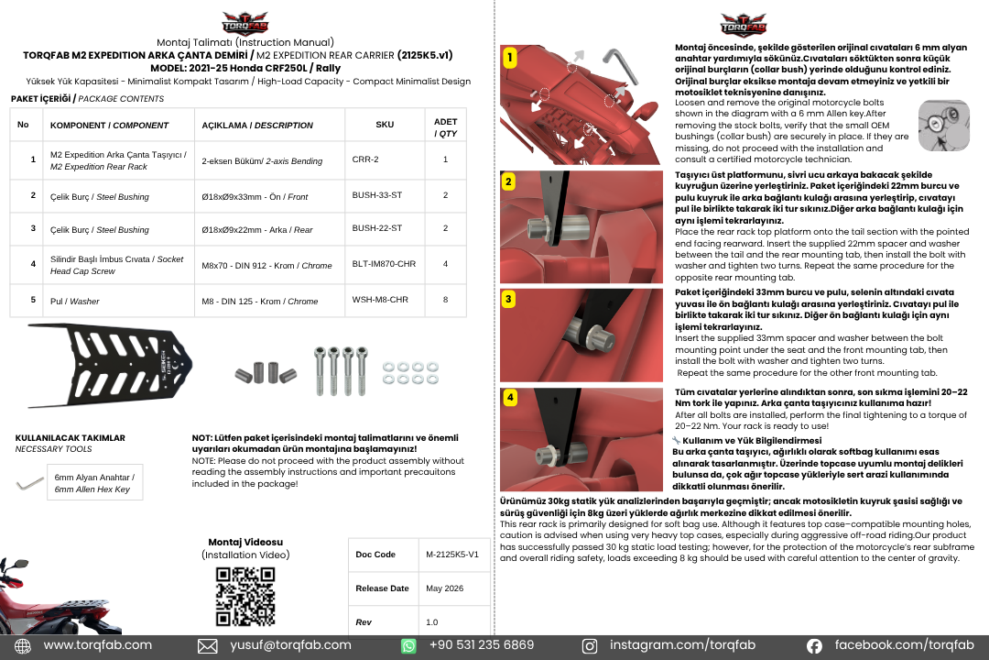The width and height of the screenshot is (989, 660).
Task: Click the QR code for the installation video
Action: (x=245, y=596)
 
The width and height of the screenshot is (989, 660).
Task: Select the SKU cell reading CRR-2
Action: (x=365, y=159)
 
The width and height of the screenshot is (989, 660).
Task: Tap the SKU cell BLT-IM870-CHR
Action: (x=384, y=264)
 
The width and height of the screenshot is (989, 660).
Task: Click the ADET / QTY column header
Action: (x=445, y=127)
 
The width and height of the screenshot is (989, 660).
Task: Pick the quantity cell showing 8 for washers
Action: (x=445, y=300)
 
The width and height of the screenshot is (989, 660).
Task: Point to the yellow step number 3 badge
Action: (x=508, y=299)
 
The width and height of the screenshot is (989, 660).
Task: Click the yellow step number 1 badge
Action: (x=510, y=58)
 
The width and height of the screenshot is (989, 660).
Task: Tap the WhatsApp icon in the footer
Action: (x=408, y=646)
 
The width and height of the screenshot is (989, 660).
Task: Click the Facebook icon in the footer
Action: (x=814, y=646)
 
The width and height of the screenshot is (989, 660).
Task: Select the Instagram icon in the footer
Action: (x=589, y=646)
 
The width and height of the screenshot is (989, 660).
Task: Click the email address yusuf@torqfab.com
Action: (x=290, y=644)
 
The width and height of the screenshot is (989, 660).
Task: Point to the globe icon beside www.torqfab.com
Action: (x=23, y=646)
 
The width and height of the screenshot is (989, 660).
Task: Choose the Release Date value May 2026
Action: (x=445, y=588)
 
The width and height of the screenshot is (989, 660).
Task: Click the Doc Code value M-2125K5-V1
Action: (x=452, y=555)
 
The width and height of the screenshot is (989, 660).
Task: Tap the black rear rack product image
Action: (x=110, y=366)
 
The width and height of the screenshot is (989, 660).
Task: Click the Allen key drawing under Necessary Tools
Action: (x=29, y=484)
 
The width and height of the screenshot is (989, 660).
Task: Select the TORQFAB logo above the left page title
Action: (x=245, y=23)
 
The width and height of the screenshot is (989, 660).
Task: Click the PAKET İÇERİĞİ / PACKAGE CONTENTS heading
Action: (x=87, y=98)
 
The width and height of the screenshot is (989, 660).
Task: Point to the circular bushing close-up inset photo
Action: (x=943, y=125)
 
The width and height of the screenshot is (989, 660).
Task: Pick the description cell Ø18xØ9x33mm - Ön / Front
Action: (x=255, y=197)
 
